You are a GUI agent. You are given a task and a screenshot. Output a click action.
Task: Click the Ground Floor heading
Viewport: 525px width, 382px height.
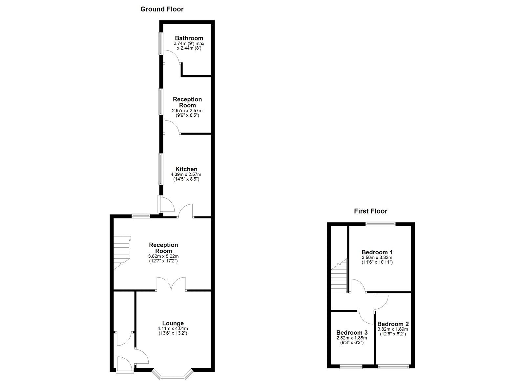point(162,9)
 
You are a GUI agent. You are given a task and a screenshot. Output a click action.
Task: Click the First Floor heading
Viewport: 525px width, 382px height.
point(370,211)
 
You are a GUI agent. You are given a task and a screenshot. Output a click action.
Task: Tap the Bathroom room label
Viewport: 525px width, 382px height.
point(189,38)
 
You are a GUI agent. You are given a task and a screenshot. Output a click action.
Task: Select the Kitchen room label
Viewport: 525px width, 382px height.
point(186,169)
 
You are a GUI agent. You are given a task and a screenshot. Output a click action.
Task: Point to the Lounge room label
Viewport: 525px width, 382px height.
point(173,323)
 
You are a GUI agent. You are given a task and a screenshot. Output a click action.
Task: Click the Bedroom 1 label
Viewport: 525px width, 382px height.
point(377,252)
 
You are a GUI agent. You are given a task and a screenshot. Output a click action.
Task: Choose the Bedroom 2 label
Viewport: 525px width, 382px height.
point(393,324)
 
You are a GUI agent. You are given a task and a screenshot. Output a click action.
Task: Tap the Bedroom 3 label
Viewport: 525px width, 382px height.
point(352,332)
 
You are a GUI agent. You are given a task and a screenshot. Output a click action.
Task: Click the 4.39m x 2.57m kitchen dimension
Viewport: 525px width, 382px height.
point(186,174)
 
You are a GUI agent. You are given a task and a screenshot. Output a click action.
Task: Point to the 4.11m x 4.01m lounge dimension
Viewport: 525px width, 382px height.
point(173,328)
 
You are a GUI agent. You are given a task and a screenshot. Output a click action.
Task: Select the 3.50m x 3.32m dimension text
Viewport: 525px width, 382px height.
point(377,258)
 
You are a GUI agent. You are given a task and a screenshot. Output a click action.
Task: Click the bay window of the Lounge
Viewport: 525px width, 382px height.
point(173,375)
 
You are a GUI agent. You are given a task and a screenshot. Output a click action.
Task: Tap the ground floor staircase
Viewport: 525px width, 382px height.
point(122,253)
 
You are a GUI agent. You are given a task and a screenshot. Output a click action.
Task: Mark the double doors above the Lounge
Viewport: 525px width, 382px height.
point(171,284)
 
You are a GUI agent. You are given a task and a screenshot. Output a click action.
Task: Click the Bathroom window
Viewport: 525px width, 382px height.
point(161,44)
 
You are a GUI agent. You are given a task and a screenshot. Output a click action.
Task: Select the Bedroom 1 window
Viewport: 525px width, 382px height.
point(380,224)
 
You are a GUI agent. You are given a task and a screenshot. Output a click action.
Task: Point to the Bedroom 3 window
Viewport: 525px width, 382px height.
point(351,367)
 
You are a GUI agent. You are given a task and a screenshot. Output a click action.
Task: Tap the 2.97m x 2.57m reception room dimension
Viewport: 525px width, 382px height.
point(187,110)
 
